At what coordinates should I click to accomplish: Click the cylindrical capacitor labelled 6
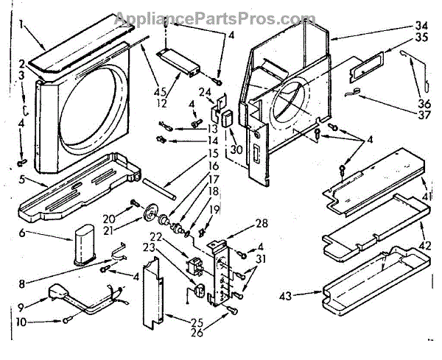83,242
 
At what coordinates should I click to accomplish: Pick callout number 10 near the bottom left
21,322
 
